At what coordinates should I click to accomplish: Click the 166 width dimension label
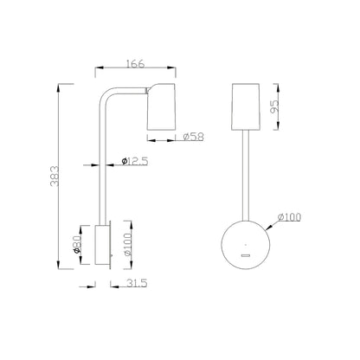pyautogui.click(x=135, y=64)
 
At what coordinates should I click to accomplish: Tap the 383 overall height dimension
pyautogui.click(x=55, y=176)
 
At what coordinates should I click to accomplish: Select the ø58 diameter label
pyautogui.click(x=193, y=137)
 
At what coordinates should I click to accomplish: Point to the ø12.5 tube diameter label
pyautogui.click(x=135, y=161)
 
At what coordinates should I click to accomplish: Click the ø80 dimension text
pyautogui.click(x=77, y=245)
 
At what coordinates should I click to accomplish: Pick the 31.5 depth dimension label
pyautogui.click(x=137, y=283)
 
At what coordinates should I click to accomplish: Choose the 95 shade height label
pyautogui.click(x=275, y=106)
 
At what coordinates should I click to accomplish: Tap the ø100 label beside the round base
pyautogui.click(x=289, y=217)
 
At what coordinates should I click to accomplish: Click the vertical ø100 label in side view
pyautogui.click(x=128, y=245)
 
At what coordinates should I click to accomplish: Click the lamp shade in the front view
pyautogui.click(x=246, y=106)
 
